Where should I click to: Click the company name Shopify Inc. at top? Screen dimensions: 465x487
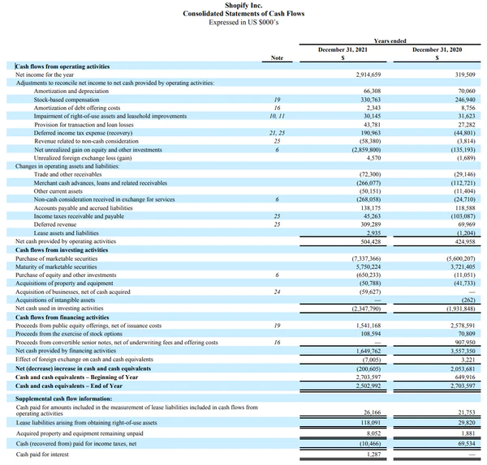coord(243,5)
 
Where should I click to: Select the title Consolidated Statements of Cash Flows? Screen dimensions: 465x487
coord(243,14)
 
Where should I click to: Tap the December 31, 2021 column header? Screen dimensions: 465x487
coord(342,50)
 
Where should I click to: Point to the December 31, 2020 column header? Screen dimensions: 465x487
coord(437,50)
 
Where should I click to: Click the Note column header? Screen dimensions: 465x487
coord(277,58)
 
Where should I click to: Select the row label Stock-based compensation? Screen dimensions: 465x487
coord(65,99)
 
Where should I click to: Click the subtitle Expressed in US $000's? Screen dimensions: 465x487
coord(243,23)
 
